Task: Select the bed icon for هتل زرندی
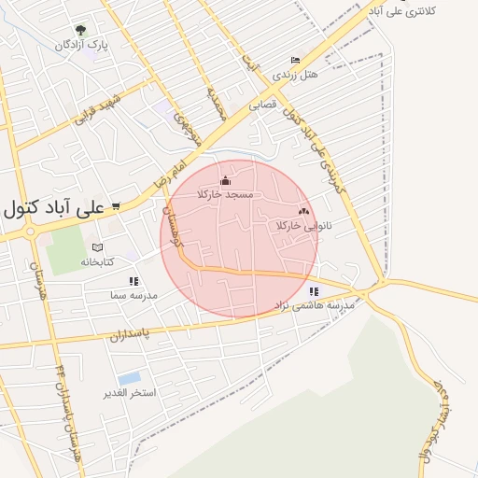296,60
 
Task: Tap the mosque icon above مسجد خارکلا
224,180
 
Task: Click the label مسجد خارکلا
225,193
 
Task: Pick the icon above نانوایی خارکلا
303,212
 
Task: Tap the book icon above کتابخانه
97,247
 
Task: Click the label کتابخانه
97,262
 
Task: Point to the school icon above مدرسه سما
134,280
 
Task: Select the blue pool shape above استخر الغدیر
130,377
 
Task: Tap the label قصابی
263,106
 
